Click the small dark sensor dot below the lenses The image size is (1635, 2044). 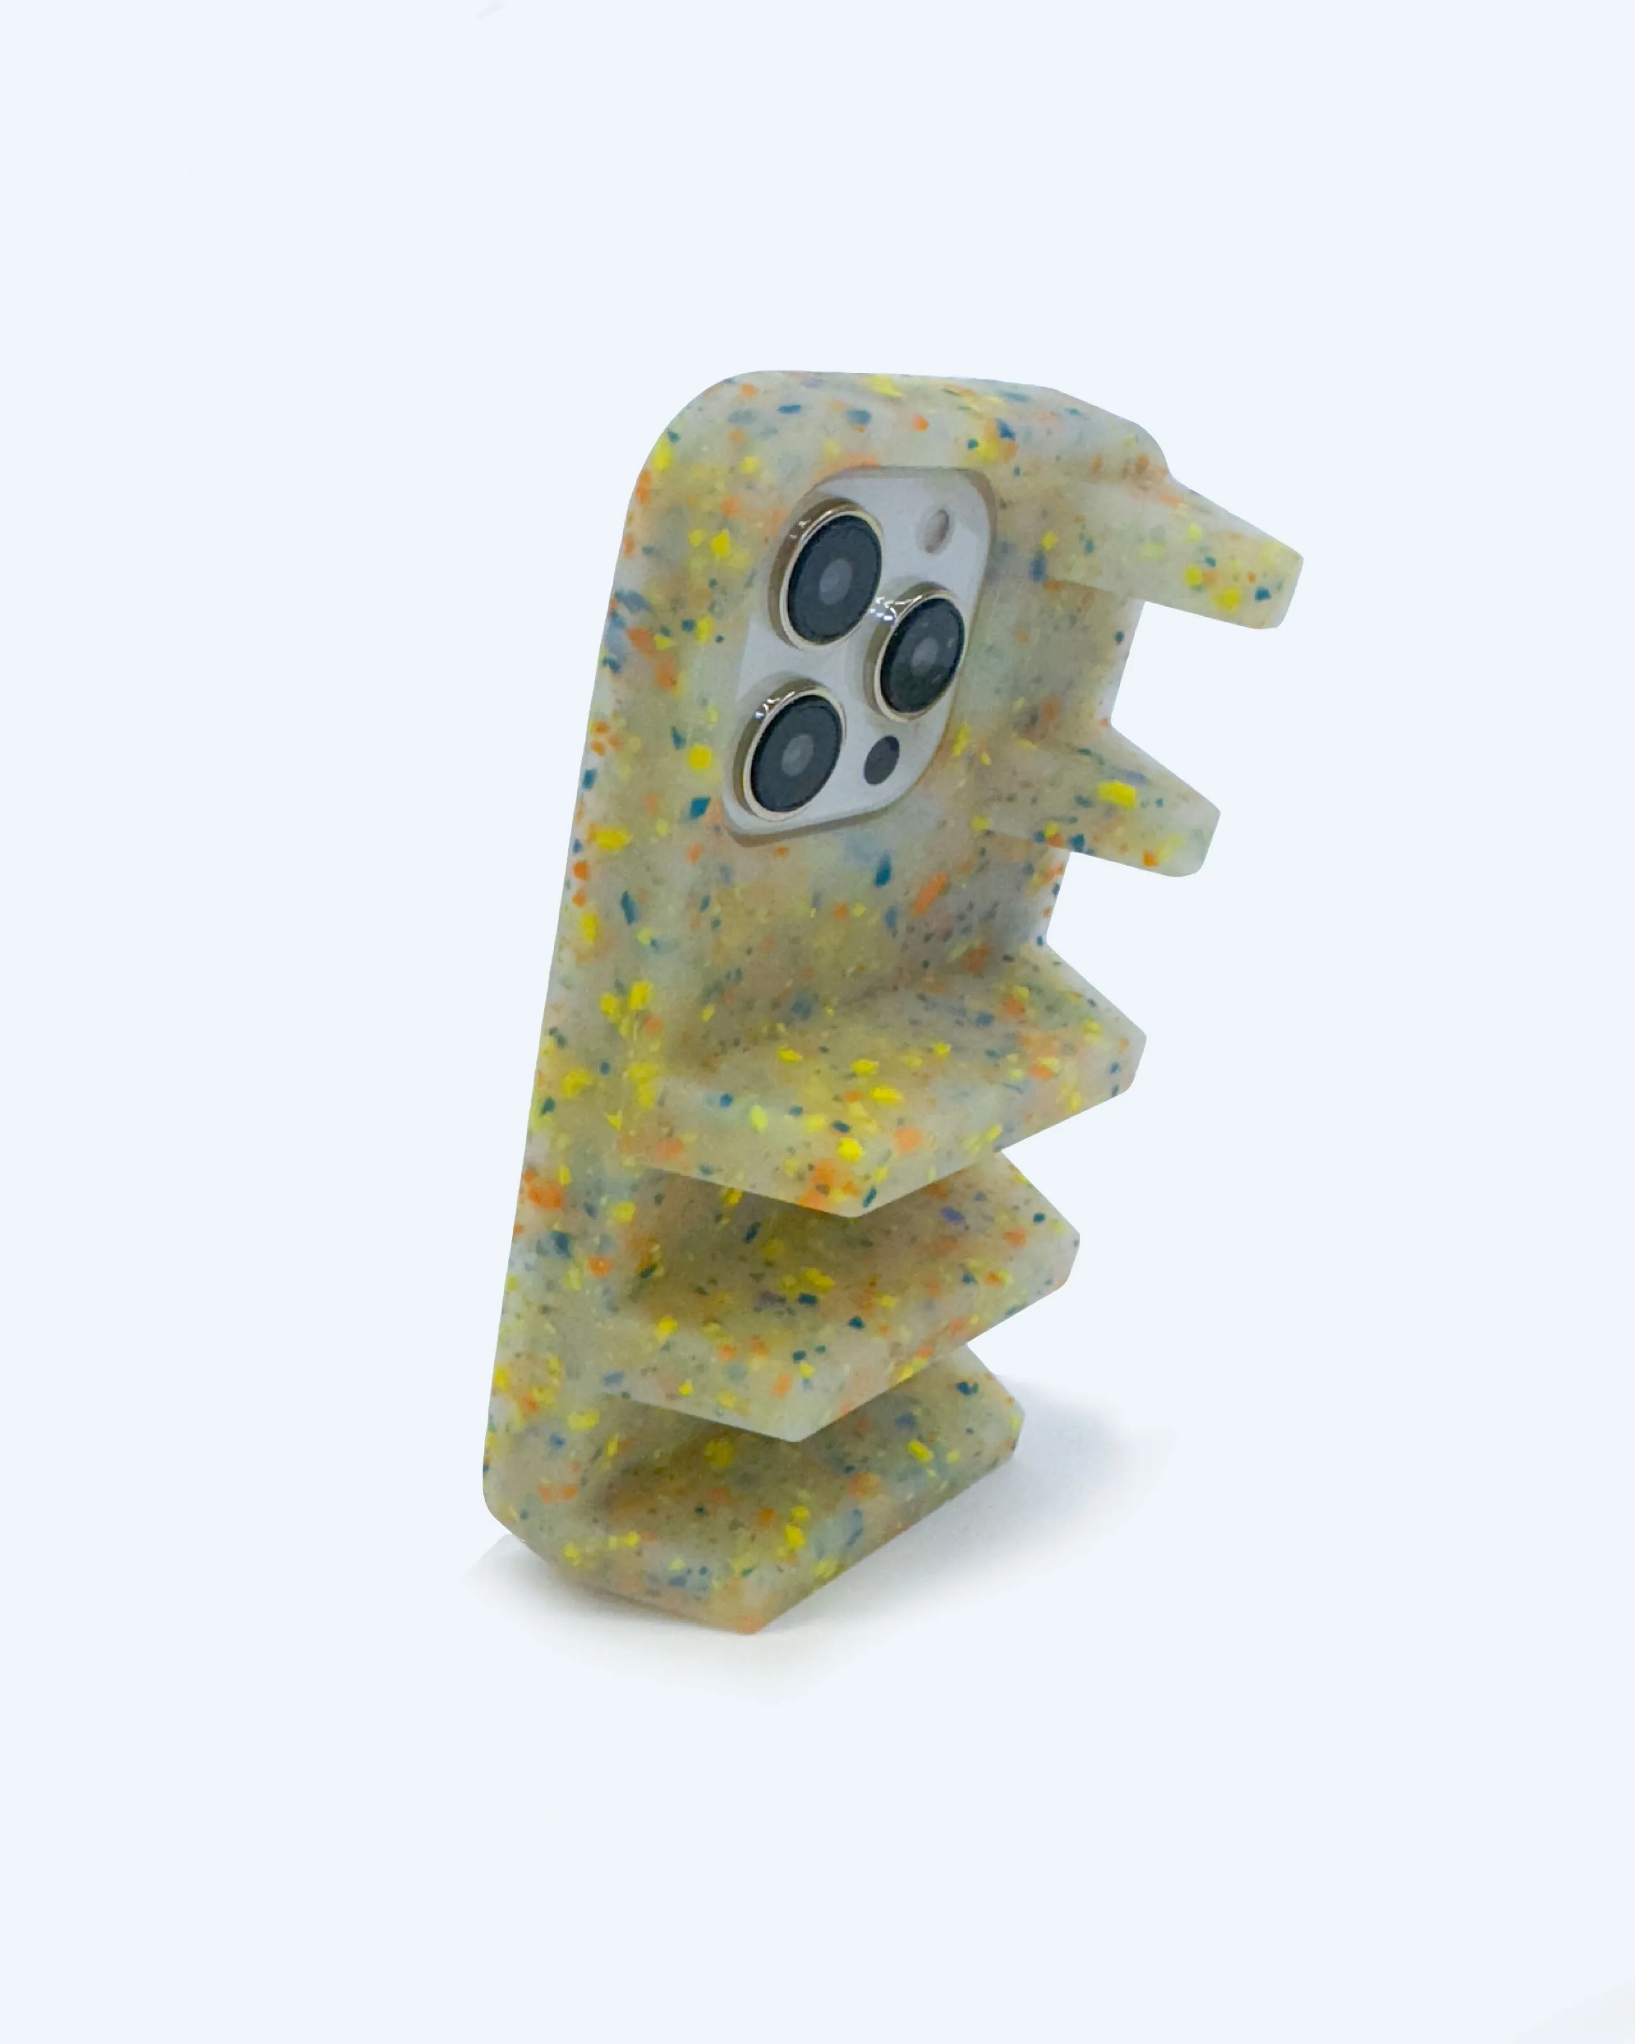coord(882,759)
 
